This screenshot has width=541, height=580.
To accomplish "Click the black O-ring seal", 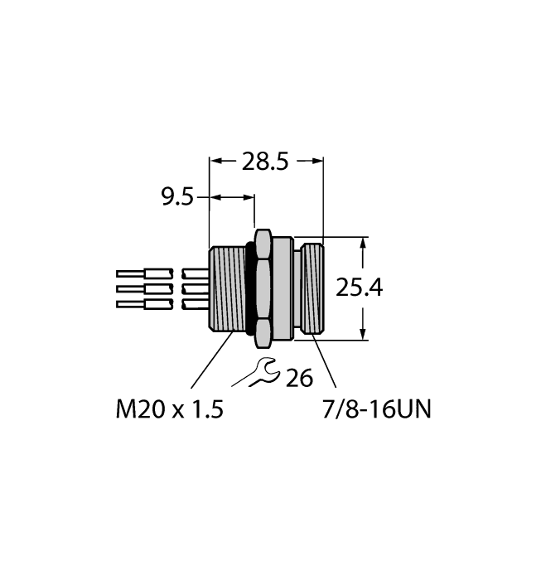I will pos(249,288).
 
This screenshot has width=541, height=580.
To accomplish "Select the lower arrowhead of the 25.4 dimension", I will pos(363,333).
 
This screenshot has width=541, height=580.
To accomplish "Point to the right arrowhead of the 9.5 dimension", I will pos(249,197).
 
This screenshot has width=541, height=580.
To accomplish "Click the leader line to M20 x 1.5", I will pos(210,360).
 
